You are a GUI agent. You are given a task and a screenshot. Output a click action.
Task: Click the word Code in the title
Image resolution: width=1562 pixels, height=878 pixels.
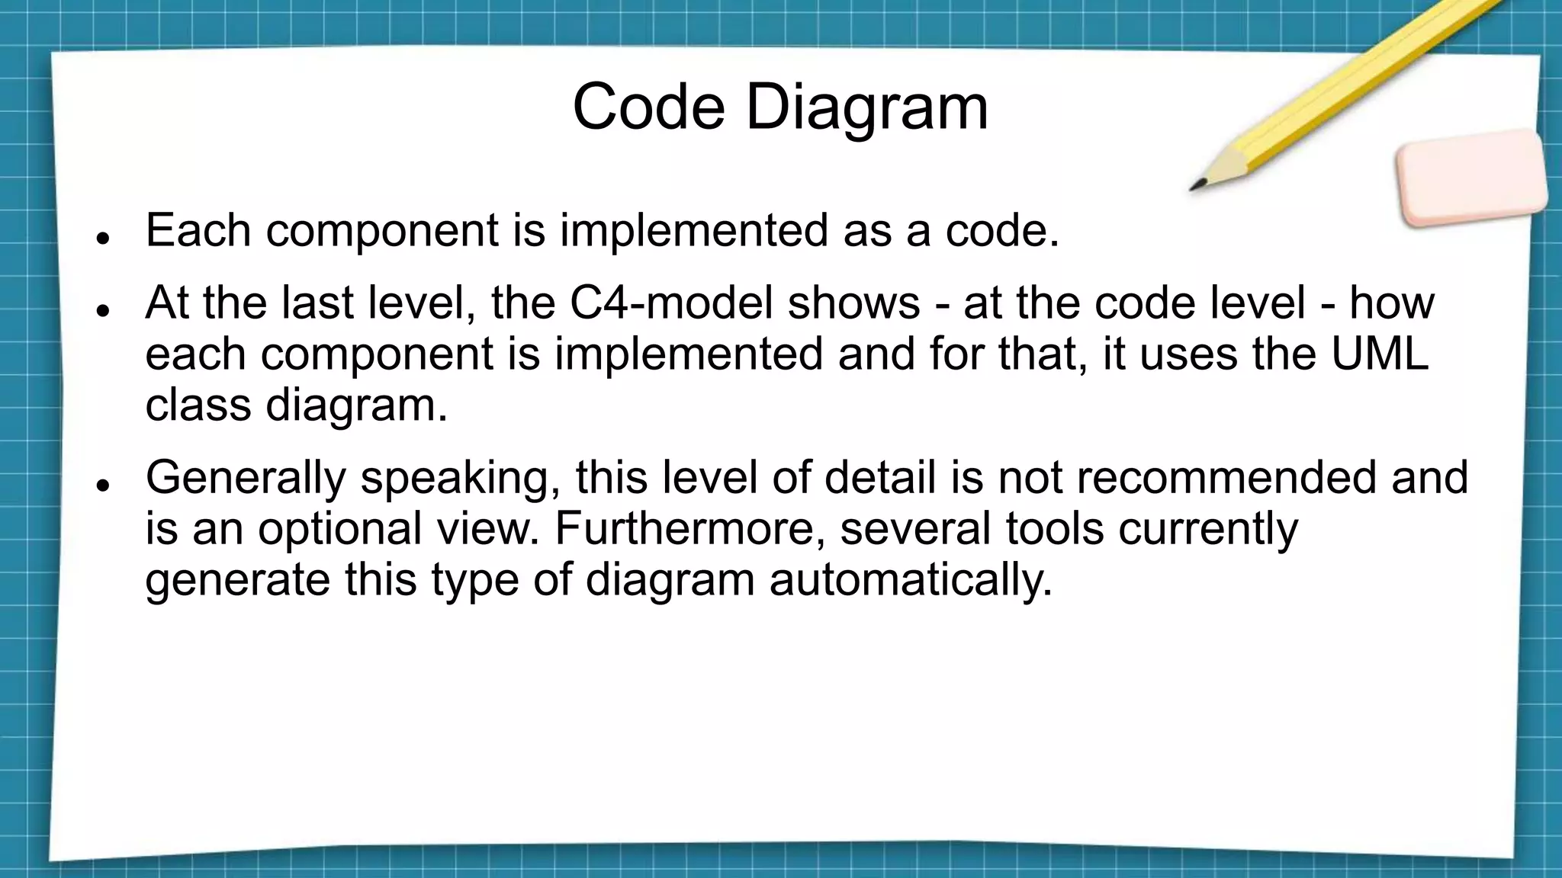648,107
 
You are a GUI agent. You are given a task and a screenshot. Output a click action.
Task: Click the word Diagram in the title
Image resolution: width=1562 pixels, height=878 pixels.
866,107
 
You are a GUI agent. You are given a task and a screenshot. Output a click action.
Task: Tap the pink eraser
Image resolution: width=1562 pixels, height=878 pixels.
1470,178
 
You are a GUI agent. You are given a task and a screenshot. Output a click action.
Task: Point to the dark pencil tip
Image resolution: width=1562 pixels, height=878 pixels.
1197,186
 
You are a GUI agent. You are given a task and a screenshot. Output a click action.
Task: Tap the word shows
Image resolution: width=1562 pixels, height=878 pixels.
853,303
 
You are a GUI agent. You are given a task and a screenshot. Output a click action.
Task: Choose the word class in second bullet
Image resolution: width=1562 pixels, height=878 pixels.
198,405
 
